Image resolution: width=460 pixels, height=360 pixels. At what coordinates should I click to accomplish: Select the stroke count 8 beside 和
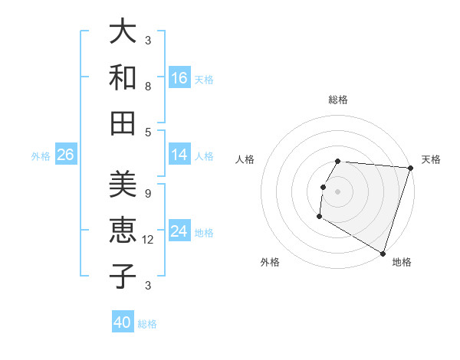tap(148, 87)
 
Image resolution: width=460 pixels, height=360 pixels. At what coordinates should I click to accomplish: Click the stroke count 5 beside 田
tap(148, 132)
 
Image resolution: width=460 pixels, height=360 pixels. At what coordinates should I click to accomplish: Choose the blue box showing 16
tap(179, 77)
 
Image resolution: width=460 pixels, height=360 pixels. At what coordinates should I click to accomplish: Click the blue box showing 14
tap(179, 155)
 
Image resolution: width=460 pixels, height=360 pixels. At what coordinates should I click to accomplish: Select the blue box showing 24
tap(179, 231)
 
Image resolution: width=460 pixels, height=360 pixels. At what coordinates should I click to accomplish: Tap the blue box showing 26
tap(65, 155)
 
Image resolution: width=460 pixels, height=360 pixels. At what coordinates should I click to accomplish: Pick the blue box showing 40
tap(123, 322)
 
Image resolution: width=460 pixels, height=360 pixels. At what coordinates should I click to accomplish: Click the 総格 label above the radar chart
tap(337, 100)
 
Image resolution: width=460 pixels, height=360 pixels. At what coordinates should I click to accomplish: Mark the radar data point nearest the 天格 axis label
tap(411, 169)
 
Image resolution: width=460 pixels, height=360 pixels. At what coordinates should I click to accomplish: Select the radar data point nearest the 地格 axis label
tap(382, 253)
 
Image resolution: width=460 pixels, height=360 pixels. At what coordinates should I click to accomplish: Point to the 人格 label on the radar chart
tap(245, 159)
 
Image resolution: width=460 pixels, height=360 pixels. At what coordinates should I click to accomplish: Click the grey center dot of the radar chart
tap(337, 191)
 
